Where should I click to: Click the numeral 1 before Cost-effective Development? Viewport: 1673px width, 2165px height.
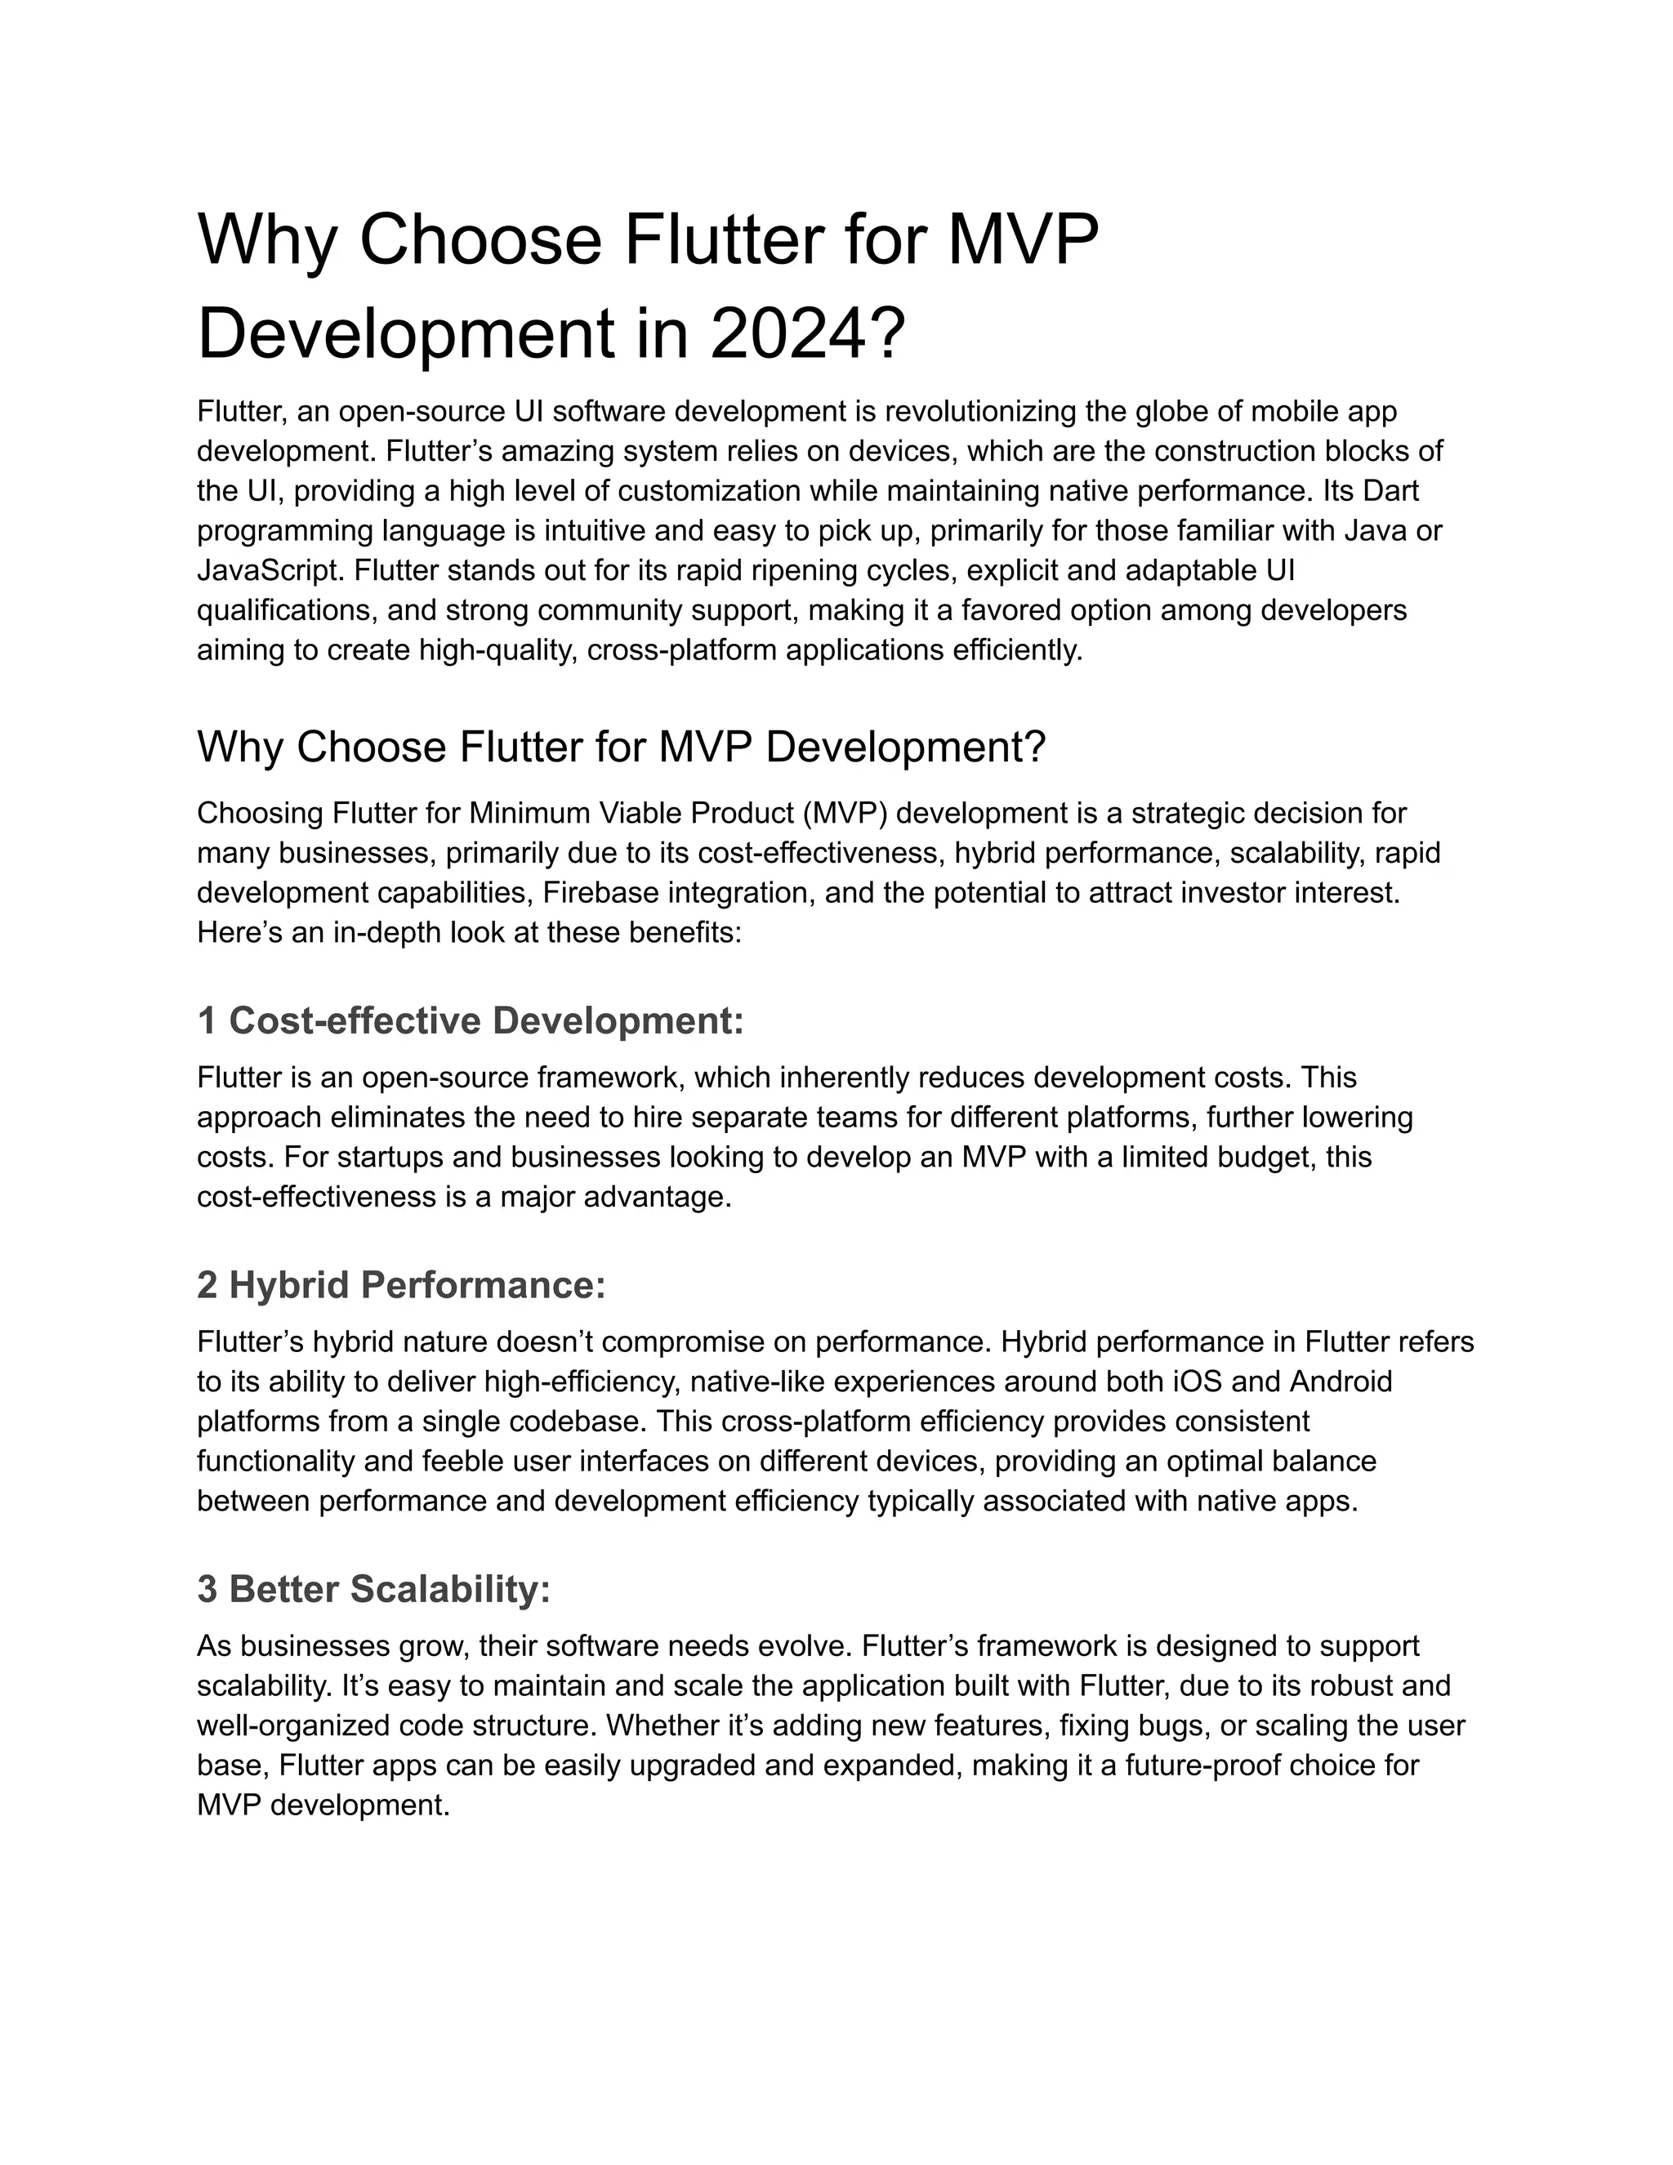tap(207, 1020)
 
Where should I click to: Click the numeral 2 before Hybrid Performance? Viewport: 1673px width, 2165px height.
tap(207, 1285)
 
